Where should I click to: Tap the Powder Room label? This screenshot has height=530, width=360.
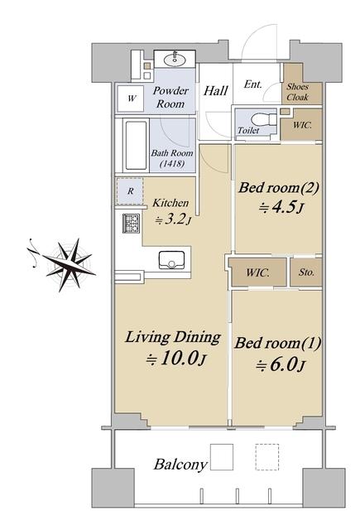click(x=170, y=97)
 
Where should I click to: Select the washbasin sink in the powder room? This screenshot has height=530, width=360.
click(x=175, y=60)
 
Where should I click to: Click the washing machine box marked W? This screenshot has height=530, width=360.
click(x=131, y=99)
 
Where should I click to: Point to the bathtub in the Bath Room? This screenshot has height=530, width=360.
click(x=136, y=146)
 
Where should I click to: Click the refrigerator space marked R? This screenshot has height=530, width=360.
click(x=131, y=191)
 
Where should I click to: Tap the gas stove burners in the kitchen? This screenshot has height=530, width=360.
click(x=131, y=223)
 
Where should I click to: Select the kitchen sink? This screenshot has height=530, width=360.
click(x=171, y=260)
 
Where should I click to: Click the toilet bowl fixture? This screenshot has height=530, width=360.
click(x=264, y=119)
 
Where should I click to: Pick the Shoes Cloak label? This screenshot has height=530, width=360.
click(x=298, y=92)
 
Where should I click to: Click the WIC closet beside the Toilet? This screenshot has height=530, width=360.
click(x=301, y=124)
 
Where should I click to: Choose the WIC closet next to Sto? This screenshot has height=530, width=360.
click(x=258, y=272)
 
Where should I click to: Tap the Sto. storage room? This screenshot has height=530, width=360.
click(x=306, y=272)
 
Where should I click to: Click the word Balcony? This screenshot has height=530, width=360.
click(x=180, y=465)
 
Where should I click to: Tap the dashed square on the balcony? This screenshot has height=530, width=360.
click(x=267, y=457)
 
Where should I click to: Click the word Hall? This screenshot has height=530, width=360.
click(x=216, y=90)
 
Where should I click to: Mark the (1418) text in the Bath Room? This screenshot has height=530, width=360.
click(x=172, y=164)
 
